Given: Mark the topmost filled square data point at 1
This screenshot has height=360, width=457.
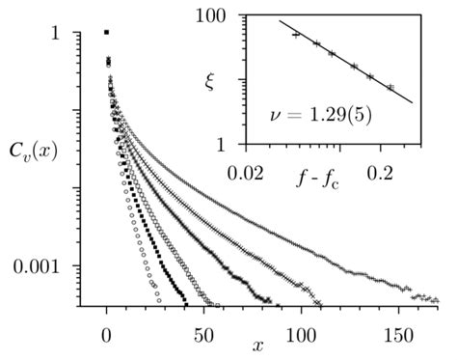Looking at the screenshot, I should tap(106, 33).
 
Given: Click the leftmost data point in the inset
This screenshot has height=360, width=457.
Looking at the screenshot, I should tap(296, 34).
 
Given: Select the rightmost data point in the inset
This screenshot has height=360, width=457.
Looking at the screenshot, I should tap(390, 87).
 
